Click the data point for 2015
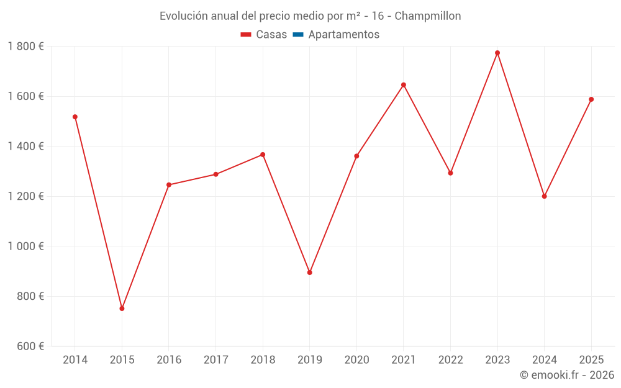122,309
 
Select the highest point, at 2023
497,53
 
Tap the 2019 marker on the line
309,273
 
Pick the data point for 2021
404,84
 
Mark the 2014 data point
75,117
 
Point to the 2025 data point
591,99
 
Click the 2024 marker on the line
544,196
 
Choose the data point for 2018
263,155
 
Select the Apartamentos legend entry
343,35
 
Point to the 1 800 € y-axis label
25,47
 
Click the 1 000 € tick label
25,246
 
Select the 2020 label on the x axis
356,360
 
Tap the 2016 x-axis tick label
169,360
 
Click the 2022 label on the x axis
450,360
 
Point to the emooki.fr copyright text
567,375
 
